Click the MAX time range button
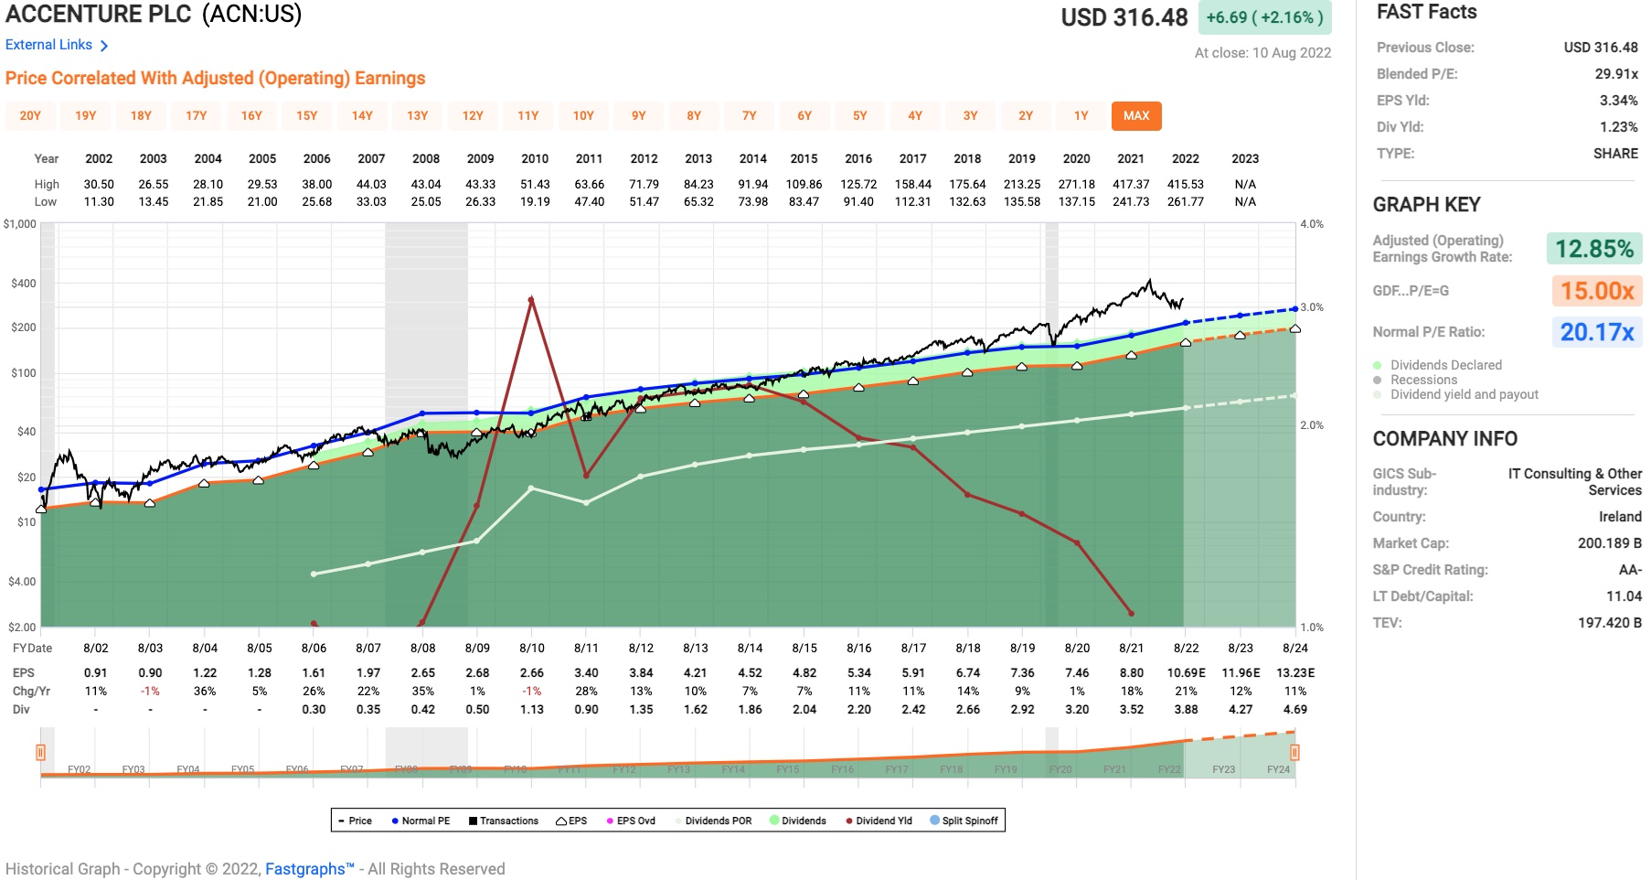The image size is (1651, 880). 1135,115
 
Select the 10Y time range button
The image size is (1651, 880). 583,115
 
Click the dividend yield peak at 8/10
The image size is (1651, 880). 531,299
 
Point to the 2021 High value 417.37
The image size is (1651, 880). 1131,184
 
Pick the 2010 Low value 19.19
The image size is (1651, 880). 535,201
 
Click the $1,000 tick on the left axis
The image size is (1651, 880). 19,224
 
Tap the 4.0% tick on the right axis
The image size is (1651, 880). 1311,224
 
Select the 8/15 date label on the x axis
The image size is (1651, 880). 804,648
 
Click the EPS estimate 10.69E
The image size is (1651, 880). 1186,672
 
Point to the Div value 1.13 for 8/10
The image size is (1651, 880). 532,709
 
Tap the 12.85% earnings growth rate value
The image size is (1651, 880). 1593,249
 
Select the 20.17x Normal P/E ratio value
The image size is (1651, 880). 1596,332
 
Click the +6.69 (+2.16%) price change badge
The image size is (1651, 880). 1264,17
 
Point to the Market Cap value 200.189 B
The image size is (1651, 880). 1609,543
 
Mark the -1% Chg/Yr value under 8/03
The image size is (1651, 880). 150,691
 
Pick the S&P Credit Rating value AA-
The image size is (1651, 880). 1630,570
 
